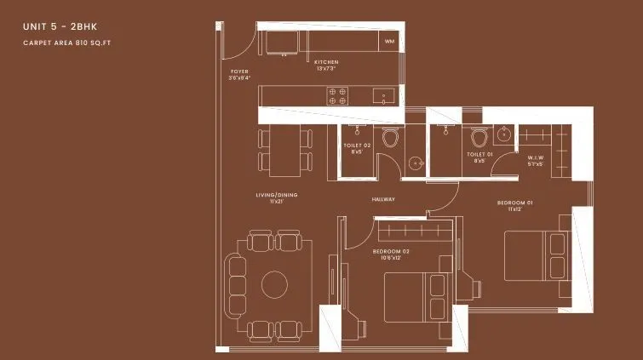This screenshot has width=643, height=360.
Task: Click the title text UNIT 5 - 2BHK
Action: pyautogui.click(x=60, y=27)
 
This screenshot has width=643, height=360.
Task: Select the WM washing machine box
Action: pyautogui.click(x=389, y=41)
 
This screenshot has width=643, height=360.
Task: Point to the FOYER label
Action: pyautogui.click(x=239, y=72)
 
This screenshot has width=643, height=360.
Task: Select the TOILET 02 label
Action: pyautogui.click(x=357, y=146)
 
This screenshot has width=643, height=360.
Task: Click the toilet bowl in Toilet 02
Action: pyautogui.click(x=391, y=138)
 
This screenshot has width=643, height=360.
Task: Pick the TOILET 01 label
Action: pyautogui.click(x=479, y=155)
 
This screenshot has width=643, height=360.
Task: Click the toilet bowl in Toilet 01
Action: pyautogui.click(x=479, y=138)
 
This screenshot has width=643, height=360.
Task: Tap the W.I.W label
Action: pyautogui.click(x=536, y=158)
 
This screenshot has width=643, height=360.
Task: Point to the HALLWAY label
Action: pyautogui.click(x=383, y=199)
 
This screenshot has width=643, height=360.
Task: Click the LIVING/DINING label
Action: pyautogui.click(x=271, y=197)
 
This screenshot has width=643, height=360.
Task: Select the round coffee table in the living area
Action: pyautogui.click(x=274, y=283)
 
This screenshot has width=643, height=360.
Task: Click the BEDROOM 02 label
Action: pyautogui.click(x=391, y=252)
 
